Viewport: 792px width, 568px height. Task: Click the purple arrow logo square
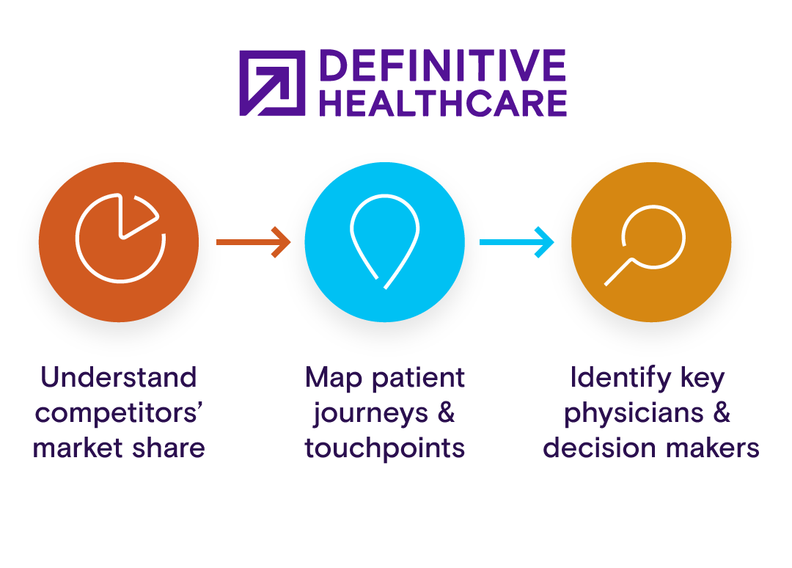pos(272,83)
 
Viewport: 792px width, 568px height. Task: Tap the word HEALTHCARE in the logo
pos(443,103)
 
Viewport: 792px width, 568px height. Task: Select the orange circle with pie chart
pos(119,242)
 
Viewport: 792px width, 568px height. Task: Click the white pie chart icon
pos(120,239)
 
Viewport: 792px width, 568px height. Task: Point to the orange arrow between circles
pos(254,241)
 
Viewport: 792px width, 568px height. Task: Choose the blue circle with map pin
pos(384,242)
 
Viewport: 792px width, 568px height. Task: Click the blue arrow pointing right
pos(516,241)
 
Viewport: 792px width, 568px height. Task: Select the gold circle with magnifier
pos(651,242)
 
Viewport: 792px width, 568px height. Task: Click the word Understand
pos(119,378)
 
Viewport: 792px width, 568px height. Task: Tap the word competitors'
pos(119,413)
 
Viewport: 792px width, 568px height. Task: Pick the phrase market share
pos(119,448)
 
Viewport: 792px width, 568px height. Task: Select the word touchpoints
pos(385,448)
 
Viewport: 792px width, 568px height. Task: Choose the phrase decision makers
pos(651,448)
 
